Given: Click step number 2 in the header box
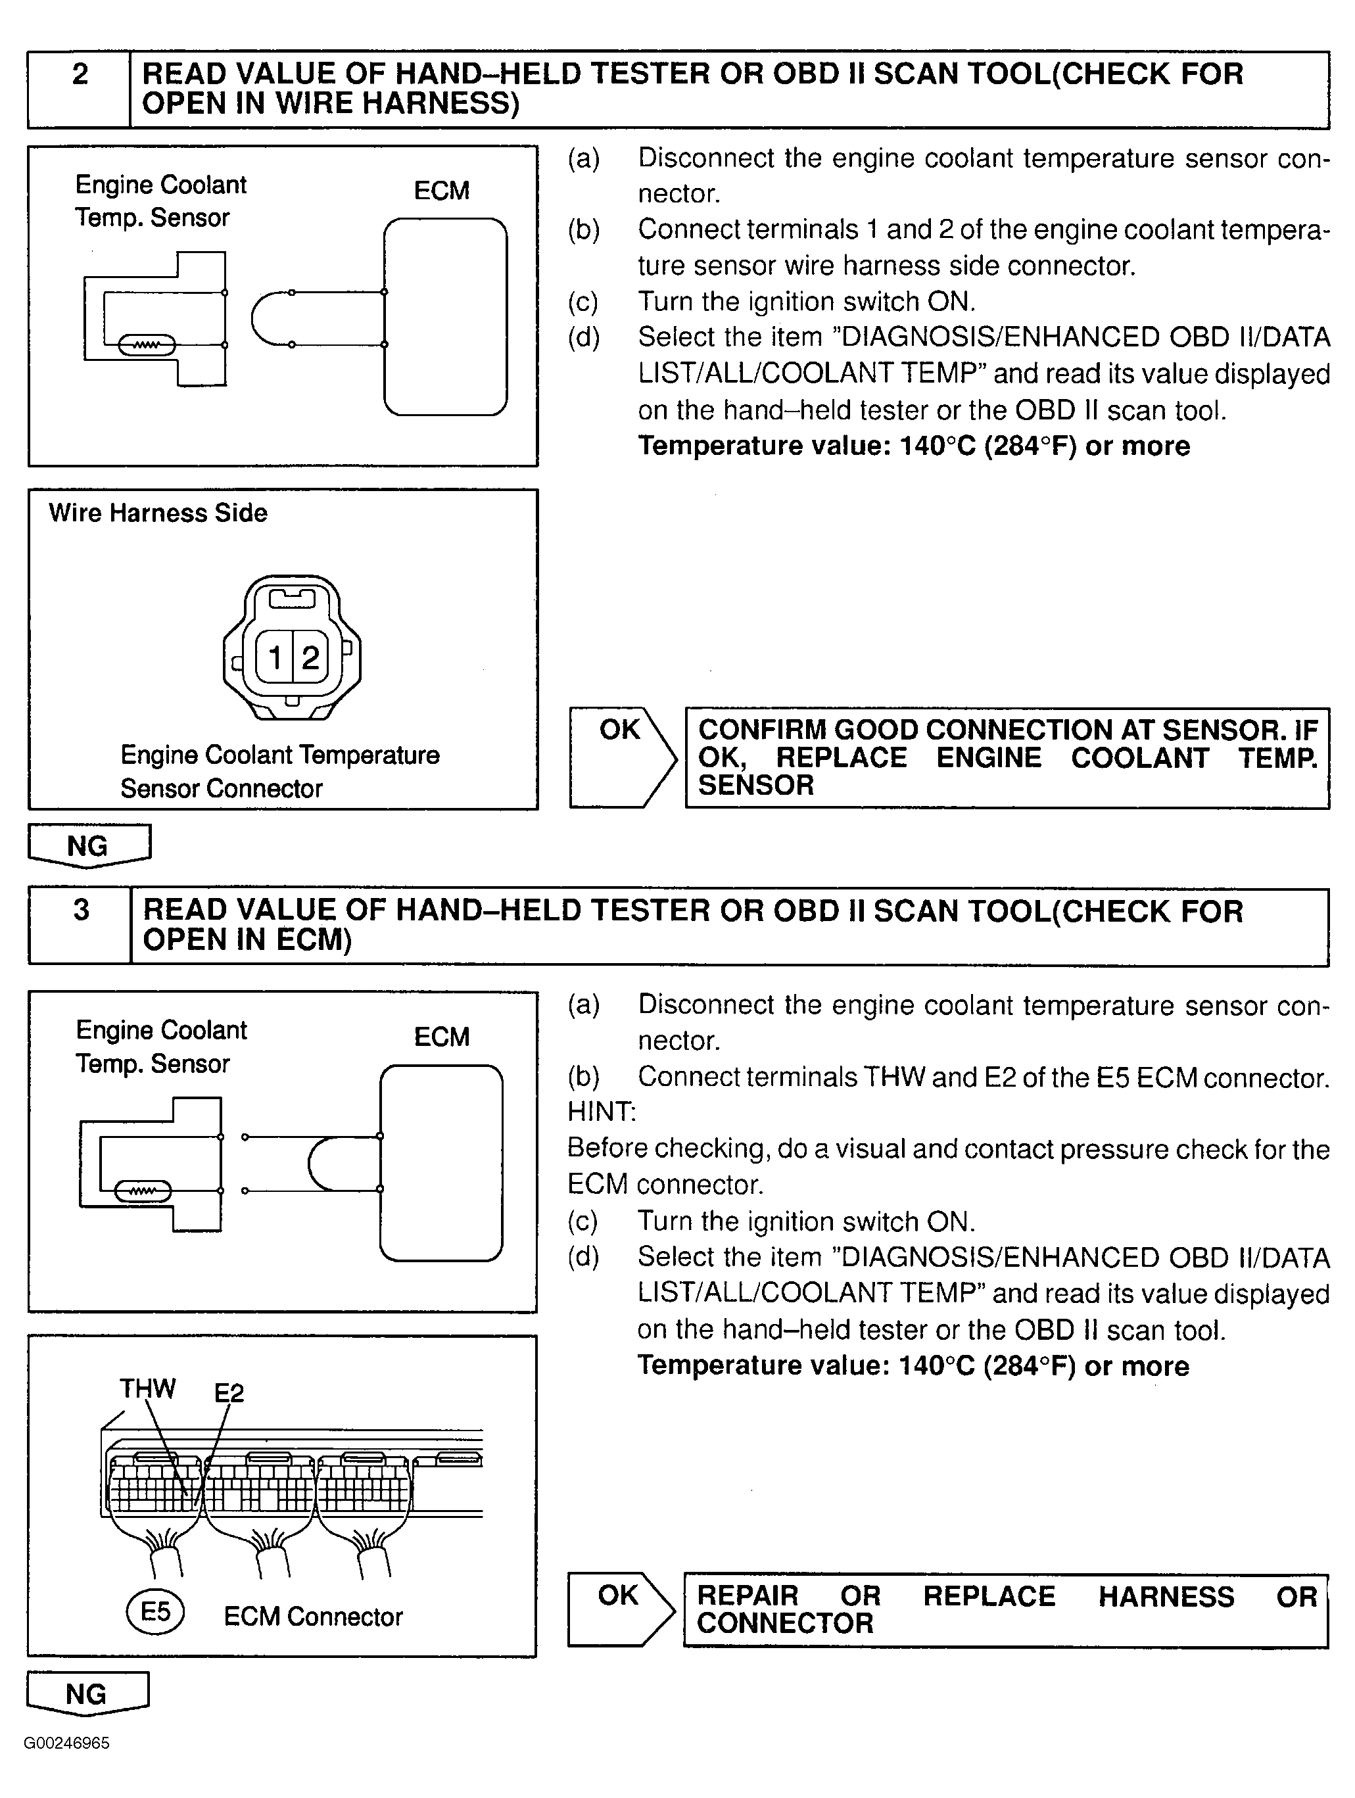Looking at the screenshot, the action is pos(80,75).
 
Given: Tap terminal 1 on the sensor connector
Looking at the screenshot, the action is pos(275,657).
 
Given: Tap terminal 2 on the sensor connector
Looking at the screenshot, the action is pos(310,657).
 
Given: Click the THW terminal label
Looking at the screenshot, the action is pos(147,1388).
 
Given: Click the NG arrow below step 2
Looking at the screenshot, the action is pos(89,846).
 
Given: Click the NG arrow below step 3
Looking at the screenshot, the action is pos(88,1693).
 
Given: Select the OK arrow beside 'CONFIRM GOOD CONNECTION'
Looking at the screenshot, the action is pos(623,757).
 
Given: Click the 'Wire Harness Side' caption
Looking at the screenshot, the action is pos(158,513).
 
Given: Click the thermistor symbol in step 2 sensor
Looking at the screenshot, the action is pos(147,345).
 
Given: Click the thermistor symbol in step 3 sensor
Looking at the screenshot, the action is pos(143,1192).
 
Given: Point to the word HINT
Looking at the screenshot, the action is pos(602,1111).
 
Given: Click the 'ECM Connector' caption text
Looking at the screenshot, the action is pos(313,1616).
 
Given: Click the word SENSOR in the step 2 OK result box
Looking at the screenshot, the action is pos(756,785).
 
